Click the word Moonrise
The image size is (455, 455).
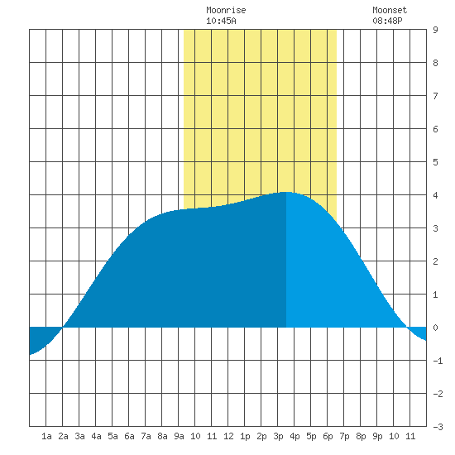(x=226, y=10)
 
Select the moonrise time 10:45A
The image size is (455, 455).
(x=221, y=21)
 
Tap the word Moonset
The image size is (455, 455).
(x=390, y=10)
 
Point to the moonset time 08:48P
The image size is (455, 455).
(x=387, y=21)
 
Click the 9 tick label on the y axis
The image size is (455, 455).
(x=435, y=30)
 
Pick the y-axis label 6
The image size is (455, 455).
(x=435, y=129)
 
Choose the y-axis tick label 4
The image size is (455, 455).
(x=435, y=195)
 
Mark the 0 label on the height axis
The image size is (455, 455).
(x=435, y=328)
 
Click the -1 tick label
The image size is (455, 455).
(x=438, y=361)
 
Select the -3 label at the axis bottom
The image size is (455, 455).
(x=438, y=427)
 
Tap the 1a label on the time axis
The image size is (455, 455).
(x=46, y=436)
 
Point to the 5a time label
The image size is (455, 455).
(x=113, y=436)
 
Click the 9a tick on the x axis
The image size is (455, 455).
(x=179, y=436)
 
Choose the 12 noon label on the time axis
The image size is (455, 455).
(x=228, y=436)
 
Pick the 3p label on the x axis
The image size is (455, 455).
(x=278, y=436)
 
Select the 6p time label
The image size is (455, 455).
(x=328, y=436)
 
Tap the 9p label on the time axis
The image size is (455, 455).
(x=377, y=436)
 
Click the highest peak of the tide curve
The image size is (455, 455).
(x=286, y=192)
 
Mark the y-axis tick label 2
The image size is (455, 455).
(x=435, y=261)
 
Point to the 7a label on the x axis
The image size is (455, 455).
(x=146, y=436)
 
